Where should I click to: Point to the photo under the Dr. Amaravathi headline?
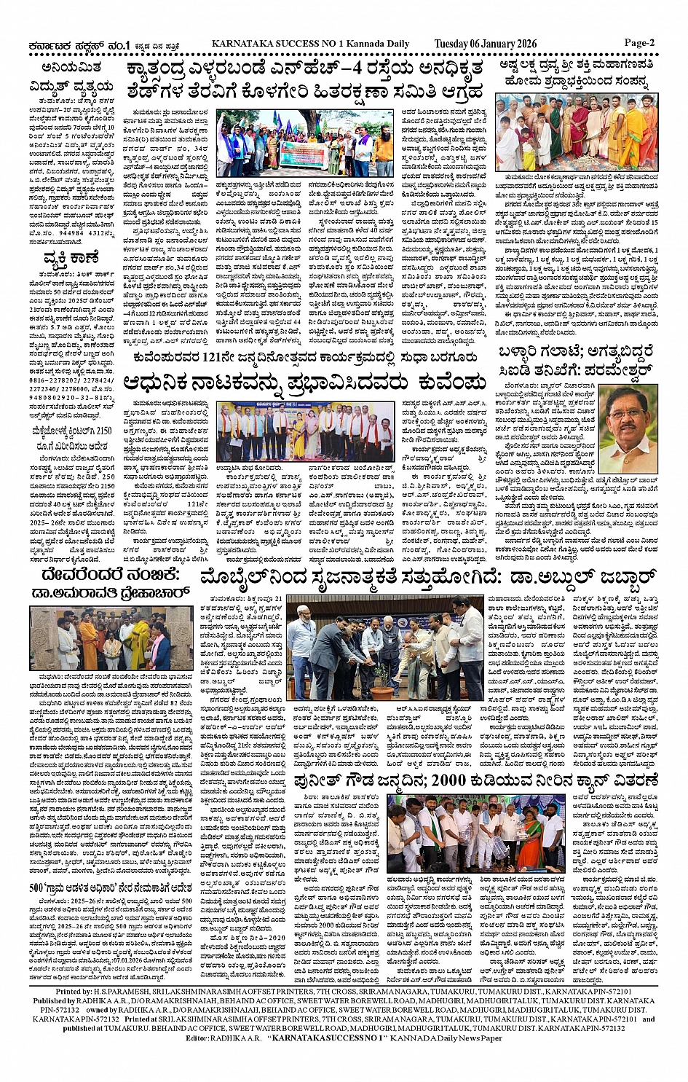[101, 640]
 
